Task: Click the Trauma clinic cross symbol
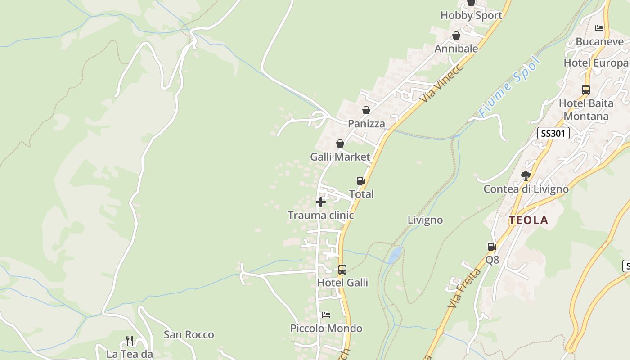point(320,202)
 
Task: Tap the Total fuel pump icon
point(361,181)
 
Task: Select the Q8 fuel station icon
point(492,247)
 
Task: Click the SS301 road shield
point(553,133)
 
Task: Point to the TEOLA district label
point(528,220)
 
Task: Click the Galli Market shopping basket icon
point(340,144)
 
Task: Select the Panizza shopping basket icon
point(366,110)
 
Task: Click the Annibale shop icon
point(456,36)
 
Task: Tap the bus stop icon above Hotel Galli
point(342,270)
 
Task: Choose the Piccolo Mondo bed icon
point(326,315)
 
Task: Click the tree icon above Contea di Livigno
point(526,175)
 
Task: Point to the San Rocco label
point(189,334)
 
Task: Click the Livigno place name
point(425,220)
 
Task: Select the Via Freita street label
point(464,288)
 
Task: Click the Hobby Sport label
point(471,15)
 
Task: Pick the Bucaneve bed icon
point(599,28)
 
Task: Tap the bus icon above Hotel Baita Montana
point(585,90)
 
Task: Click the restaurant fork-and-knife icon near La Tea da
point(130,340)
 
